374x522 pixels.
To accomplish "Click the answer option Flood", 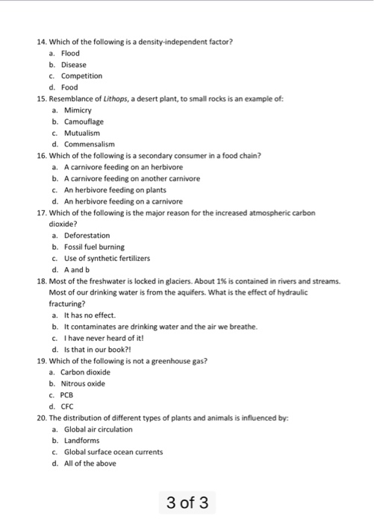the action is coord(70,54).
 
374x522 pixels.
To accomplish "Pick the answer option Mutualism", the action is coord(80,133).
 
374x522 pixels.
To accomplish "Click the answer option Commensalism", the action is coord(87,144).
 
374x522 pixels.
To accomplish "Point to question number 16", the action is coord(40,156).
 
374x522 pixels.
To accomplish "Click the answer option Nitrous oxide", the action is coord(84,383).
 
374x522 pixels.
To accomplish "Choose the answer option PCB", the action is coord(69,394).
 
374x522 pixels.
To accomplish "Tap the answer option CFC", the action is coord(69,406).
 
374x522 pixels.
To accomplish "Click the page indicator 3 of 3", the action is coord(188,502).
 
